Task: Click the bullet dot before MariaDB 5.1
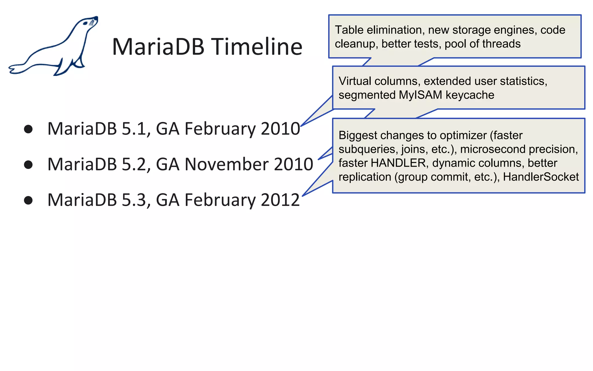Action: pos(28,129)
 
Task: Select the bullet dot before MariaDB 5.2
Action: pos(28,165)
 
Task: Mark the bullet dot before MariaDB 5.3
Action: pos(28,200)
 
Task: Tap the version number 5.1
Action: pos(134,129)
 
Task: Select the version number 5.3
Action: pos(134,200)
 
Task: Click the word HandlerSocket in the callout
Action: pos(541,177)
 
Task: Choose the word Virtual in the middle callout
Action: pos(355,81)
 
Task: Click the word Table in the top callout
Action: pos(349,30)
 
